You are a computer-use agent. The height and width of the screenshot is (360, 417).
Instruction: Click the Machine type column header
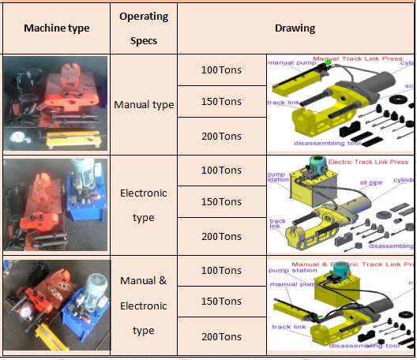pyautogui.click(x=56, y=28)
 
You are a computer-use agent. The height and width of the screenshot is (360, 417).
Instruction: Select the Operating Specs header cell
pyautogui.click(x=143, y=28)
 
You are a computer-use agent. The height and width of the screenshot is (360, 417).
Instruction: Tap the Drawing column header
pyautogui.click(x=295, y=28)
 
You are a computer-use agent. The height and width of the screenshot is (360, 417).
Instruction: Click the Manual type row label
pyautogui.click(x=143, y=104)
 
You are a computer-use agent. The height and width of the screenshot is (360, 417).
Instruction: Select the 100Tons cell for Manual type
pyautogui.click(x=221, y=70)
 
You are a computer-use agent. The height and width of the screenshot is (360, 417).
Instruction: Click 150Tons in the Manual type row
pyautogui.click(x=221, y=102)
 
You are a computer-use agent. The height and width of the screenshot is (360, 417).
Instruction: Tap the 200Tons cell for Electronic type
pyautogui.click(x=221, y=236)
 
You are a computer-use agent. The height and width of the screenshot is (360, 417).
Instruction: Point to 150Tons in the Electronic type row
pyautogui.click(x=221, y=202)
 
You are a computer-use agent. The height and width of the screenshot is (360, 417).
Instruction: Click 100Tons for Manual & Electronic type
pyautogui.click(x=221, y=271)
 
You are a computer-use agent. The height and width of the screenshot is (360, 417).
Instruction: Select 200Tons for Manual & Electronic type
pyautogui.click(x=221, y=336)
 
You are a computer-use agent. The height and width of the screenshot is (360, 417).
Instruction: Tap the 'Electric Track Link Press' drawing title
pyautogui.click(x=368, y=162)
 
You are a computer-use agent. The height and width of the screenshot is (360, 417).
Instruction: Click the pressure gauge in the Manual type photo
pyautogui.click(x=15, y=135)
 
